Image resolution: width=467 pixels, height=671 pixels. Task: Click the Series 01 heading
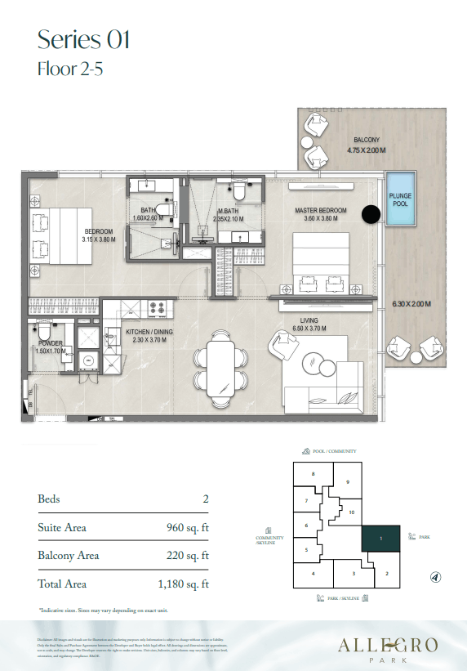pos(83,38)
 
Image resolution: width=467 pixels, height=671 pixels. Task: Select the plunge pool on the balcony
pos(400,201)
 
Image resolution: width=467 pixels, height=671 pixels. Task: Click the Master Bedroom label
pos(321,211)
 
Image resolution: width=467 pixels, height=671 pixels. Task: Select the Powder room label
pos(49,344)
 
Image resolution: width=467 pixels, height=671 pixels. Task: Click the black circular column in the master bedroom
pos(371,214)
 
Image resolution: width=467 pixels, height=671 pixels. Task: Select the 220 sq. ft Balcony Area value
pos(187,556)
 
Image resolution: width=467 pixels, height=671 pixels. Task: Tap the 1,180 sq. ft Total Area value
pos(182,584)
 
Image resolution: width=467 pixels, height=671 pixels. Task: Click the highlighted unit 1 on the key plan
pos(380,538)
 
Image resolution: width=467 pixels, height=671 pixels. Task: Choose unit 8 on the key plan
pos(312,474)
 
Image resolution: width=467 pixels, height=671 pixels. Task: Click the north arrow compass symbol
pos(435,577)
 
